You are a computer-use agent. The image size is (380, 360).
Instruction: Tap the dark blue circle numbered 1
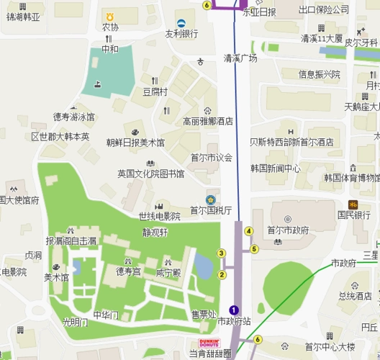pyautogui.click(x=233, y=310)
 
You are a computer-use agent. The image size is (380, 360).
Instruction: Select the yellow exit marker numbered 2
pyautogui.click(x=222, y=274)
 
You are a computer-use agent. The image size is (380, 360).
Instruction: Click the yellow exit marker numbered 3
pyautogui.click(x=222, y=253)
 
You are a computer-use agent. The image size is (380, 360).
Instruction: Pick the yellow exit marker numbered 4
pyautogui.click(x=249, y=231)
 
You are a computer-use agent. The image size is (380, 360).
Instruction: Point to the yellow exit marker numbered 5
pyautogui.click(x=254, y=249)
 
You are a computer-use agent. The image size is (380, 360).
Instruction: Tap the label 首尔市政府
pyautogui.click(x=288, y=230)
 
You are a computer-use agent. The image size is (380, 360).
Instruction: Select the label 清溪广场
pyautogui.click(x=240, y=58)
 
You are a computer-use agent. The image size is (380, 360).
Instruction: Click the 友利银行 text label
pyautogui.click(x=181, y=33)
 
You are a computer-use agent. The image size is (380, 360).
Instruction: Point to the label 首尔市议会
pyautogui.click(x=212, y=158)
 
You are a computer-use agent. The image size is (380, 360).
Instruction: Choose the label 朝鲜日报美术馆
pyautogui.click(x=135, y=142)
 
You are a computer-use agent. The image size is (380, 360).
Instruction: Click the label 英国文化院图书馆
pyautogui.click(x=151, y=174)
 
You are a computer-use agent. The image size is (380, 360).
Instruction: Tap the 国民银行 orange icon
pyautogui.click(x=353, y=204)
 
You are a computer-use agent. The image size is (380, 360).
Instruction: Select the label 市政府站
pyautogui.click(x=235, y=321)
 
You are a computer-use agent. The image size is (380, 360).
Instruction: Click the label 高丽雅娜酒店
pyautogui.click(x=208, y=121)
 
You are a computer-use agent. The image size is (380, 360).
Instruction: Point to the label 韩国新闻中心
pyautogui.click(x=276, y=168)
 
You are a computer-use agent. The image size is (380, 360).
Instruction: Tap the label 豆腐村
pyautogui.click(x=155, y=91)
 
